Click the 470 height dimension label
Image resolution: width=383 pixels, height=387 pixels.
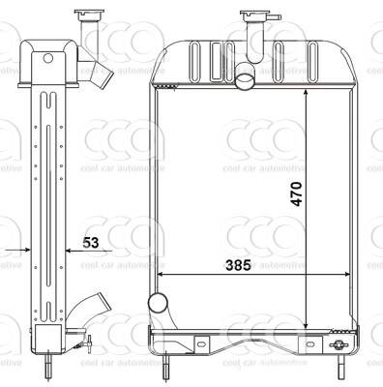296,193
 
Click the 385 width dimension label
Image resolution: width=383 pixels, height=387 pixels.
238,265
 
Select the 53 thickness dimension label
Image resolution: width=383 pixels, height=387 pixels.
90,243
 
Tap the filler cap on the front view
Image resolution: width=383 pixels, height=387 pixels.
254,16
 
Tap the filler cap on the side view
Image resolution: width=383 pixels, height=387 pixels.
89,15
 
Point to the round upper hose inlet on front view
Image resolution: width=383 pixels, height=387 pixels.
246,79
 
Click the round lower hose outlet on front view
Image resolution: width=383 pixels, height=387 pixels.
158,303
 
